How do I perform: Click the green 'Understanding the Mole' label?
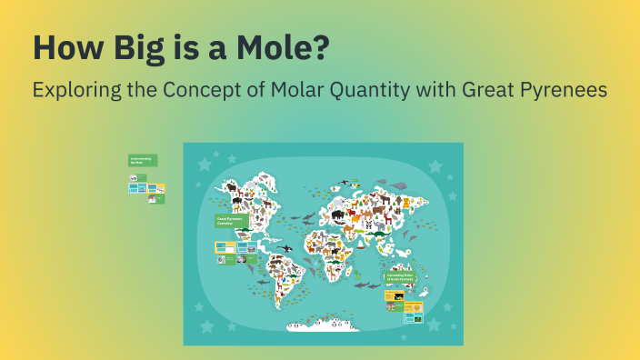pyautogui.click(x=143, y=160)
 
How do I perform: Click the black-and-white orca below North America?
pyautogui.click(x=285, y=248)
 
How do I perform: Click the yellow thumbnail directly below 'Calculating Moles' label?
pyautogui.click(x=395, y=296)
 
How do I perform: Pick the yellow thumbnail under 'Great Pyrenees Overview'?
pyautogui.click(x=225, y=246)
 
